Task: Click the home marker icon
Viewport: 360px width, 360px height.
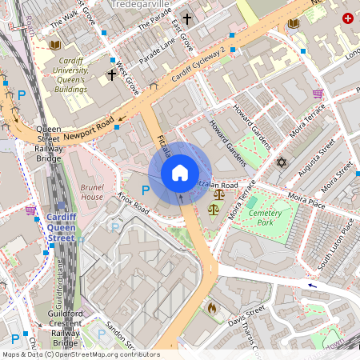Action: (x=180, y=173)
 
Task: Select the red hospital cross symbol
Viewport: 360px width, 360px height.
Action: (x=347, y=18)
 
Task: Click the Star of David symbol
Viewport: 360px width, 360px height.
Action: (x=281, y=162)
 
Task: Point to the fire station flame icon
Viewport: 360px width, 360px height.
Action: (x=212, y=306)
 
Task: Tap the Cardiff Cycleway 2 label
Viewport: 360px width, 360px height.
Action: (x=198, y=68)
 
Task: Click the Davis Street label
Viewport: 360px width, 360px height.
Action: (x=246, y=317)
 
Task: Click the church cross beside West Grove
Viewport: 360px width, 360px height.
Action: (x=112, y=75)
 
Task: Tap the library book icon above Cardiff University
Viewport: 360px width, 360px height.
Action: (x=54, y=46)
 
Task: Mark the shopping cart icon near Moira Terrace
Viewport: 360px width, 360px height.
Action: (x=318, y=94)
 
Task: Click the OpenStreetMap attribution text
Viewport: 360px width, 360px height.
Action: (x=80, y=354)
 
